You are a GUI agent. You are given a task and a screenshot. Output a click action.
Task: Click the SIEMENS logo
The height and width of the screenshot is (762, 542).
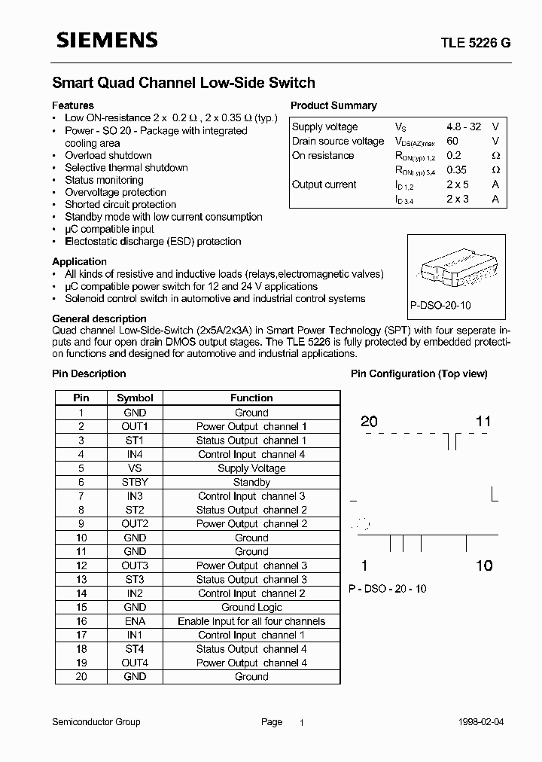106,41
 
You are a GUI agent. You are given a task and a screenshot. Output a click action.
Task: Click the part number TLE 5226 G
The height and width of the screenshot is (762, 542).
470,44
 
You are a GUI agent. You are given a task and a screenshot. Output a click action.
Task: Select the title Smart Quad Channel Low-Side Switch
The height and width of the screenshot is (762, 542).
183,83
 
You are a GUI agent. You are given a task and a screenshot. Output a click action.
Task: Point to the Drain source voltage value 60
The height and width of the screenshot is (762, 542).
452,142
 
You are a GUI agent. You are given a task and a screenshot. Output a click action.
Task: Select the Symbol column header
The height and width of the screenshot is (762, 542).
135,398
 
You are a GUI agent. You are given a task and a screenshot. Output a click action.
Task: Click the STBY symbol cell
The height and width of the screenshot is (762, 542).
135,482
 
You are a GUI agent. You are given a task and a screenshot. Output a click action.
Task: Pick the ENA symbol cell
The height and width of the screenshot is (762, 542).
135,621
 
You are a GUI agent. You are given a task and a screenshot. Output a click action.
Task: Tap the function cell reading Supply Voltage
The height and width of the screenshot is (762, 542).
251,468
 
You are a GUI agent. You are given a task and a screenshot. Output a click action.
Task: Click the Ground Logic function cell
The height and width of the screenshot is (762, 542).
251,608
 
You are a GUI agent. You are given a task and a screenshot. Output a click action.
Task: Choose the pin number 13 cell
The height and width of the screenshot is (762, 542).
81,580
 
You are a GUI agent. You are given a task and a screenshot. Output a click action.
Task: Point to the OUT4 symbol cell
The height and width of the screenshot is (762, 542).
135,663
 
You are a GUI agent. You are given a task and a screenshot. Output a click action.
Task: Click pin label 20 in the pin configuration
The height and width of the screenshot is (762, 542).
369,422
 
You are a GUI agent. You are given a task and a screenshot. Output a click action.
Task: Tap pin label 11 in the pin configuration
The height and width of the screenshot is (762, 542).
483,422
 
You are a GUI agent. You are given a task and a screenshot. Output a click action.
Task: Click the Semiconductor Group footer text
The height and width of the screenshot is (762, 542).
96,722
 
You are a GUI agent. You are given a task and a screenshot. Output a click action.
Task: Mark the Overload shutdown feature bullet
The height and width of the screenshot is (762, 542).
108,156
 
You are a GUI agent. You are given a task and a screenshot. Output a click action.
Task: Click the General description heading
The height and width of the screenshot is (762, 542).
99,319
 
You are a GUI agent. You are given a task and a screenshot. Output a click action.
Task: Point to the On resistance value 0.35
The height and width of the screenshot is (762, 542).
457,170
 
